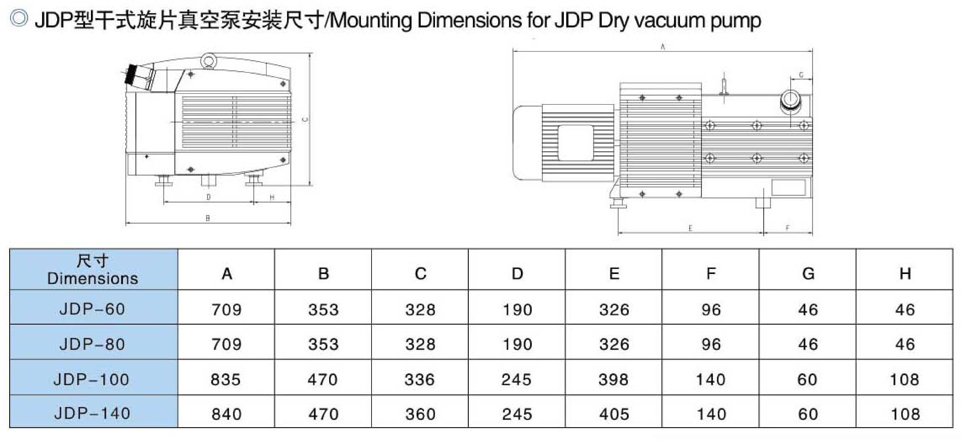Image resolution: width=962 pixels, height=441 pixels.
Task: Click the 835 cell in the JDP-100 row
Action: pos(225,379)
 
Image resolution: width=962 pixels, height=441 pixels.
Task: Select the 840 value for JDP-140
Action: pos(226,414)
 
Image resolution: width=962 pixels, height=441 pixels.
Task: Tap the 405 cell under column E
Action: pos(614,414)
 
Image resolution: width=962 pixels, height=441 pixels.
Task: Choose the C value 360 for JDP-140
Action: pos(420,414)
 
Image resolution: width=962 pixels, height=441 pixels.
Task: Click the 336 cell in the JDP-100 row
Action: pos(419,379)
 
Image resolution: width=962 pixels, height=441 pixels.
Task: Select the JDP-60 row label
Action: pos(92,309)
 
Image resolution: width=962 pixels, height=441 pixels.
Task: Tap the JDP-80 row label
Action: pos(92,344)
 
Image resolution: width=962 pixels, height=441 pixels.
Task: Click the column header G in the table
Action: pos(808,274)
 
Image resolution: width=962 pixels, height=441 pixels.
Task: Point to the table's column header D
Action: pos(517,274)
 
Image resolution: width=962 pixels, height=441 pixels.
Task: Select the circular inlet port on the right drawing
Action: pos(790,99)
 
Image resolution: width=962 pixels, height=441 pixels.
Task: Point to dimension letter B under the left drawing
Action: pos(208,218)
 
